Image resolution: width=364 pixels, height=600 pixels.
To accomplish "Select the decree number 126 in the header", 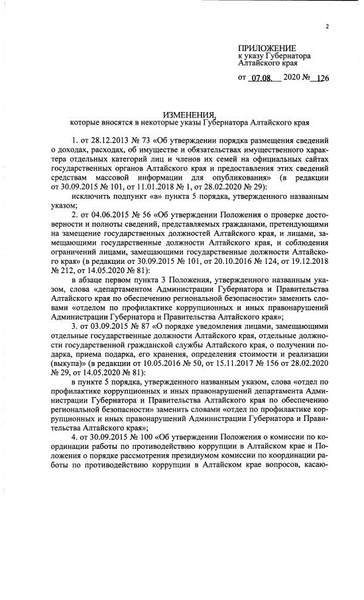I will pyautogui.click(x=323, y=78).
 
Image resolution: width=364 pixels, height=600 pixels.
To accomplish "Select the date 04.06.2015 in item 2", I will pyautogui.click(x=109, y=215).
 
